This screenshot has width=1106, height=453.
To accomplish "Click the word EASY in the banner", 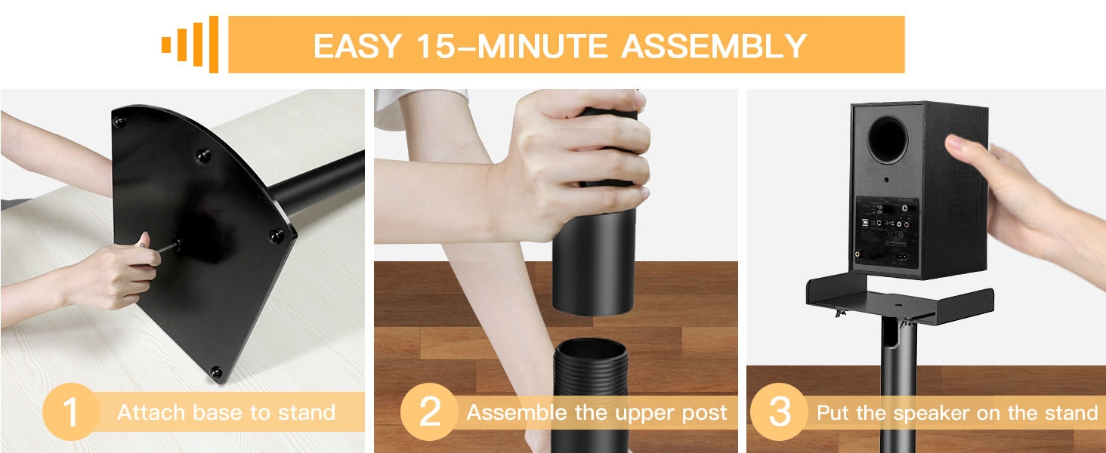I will (357, 46).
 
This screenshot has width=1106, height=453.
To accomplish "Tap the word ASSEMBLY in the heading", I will (714, 46).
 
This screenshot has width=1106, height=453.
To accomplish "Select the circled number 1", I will (70, 413).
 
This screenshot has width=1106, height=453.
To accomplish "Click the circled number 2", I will (428, 413).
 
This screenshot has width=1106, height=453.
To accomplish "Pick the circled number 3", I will (778, 413).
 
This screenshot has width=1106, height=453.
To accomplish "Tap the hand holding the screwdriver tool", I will (113, 276).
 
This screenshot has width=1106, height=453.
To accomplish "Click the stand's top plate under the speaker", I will (899, 298).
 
